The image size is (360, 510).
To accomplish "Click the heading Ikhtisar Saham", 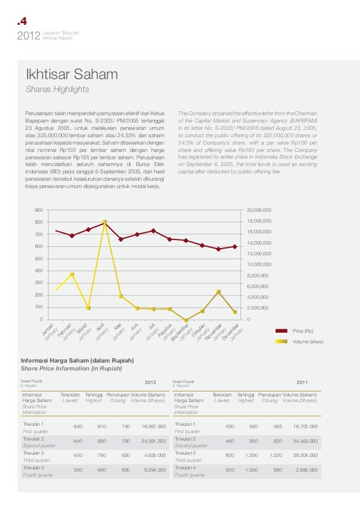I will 71,75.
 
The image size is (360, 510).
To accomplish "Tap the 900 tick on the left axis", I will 39,210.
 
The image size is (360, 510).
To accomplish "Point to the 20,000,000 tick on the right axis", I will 258,210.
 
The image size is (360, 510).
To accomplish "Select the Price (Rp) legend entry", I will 303,330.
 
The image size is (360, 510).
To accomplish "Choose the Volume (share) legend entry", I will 308,342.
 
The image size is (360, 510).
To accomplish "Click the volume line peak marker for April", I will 104,222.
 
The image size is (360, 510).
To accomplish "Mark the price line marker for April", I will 104,223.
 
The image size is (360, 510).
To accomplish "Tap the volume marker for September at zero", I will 186,320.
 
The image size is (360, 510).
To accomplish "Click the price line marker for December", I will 235,246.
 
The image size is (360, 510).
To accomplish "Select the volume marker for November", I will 218,292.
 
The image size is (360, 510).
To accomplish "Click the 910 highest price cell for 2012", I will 102,426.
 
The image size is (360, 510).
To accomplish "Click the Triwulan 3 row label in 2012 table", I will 34,453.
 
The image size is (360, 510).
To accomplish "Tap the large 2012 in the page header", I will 28,37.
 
